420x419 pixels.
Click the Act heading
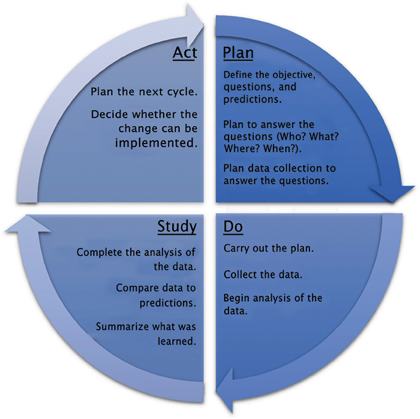click(x=185, y=53)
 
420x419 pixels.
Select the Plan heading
click(x=238, y=53)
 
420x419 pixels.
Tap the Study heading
click(x=177, y=227)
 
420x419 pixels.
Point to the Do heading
click(x=232, y=227)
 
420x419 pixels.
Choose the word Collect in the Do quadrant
click(x=241, y=274)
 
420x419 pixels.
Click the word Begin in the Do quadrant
click(x=237, y=298)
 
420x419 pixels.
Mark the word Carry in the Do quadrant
click(x=237, y=249)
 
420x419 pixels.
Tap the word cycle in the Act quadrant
click(x=181, y=91)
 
